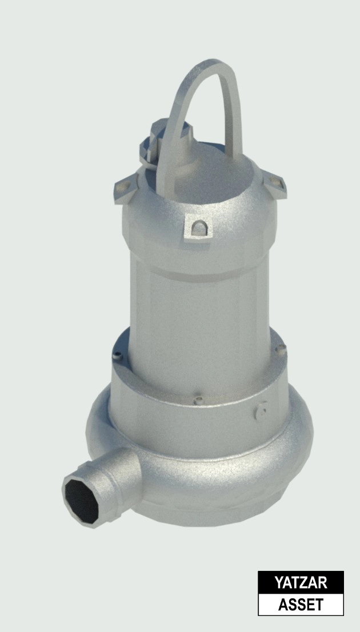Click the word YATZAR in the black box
coord(301,583)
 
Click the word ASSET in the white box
coord(301,605)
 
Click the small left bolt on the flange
coord(118,357)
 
